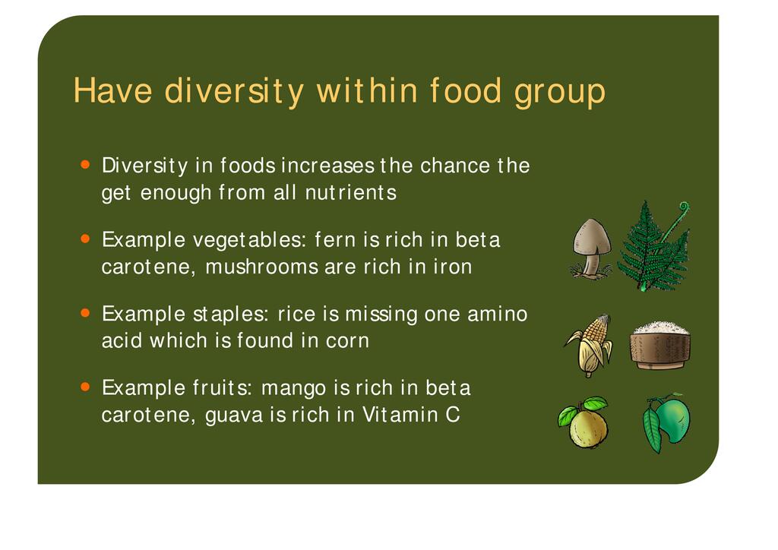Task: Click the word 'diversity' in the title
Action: [x=233, y=91]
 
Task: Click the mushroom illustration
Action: [x=591, y=248]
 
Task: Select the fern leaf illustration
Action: [x=653, y=246]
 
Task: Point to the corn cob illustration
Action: [x=590, y=345]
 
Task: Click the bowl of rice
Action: [x=659, y=345]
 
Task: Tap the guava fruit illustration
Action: [x=584, y=422]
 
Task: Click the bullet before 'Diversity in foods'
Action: [x=85, y=164]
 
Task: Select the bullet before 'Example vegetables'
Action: [x=85, y=239]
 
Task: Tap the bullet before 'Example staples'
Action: [x=85, y=313]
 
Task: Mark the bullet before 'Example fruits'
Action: [x=85, y=387]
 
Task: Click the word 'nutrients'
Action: [x=351, y=192]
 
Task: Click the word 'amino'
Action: [x=497, y=314]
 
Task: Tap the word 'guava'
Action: [x=234, y=416]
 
